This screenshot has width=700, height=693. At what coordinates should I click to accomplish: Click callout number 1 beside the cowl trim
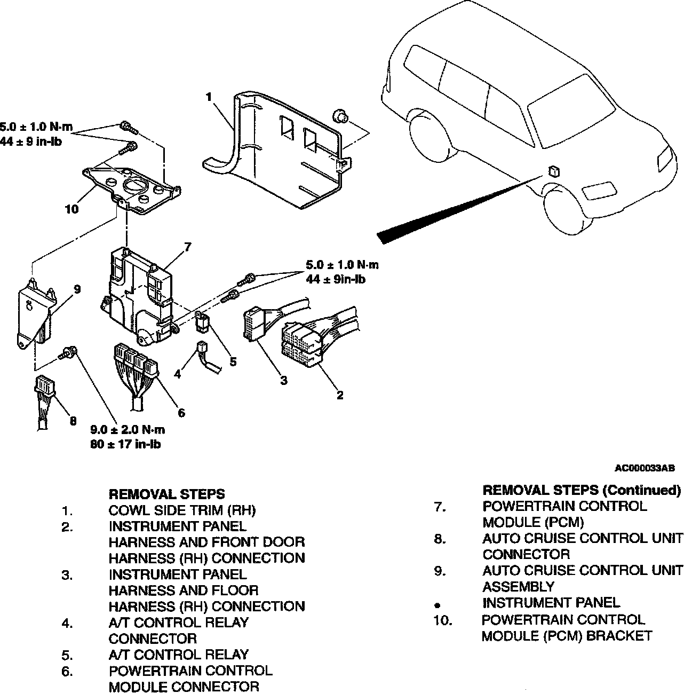pos(209,97)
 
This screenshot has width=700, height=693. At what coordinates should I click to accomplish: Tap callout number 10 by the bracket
pos(71,209)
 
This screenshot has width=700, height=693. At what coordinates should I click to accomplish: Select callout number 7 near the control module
pos(187,246)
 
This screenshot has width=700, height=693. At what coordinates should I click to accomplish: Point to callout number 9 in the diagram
pos(77,289)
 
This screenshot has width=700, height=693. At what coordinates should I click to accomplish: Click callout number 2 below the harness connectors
pos(340,395)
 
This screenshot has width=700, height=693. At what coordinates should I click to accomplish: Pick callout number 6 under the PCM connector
pos(181,413)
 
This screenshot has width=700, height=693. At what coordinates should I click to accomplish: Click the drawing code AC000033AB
pos(645,468)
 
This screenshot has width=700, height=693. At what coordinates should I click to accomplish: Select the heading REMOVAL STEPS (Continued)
pos(582,490)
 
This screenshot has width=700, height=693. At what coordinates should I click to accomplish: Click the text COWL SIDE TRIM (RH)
pos(182,510)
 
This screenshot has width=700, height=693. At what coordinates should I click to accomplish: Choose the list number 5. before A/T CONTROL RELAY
pos(67,655)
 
